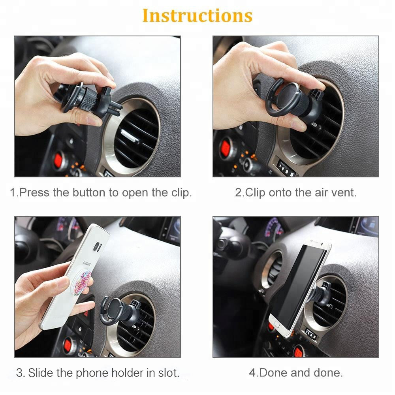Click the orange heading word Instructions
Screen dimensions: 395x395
coord(197,16)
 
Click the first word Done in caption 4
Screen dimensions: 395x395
coord(273,372)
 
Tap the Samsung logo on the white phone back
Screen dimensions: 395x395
coord(87,264)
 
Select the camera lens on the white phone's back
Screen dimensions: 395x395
coord(97,247)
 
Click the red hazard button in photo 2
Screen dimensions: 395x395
coord(226,147)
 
